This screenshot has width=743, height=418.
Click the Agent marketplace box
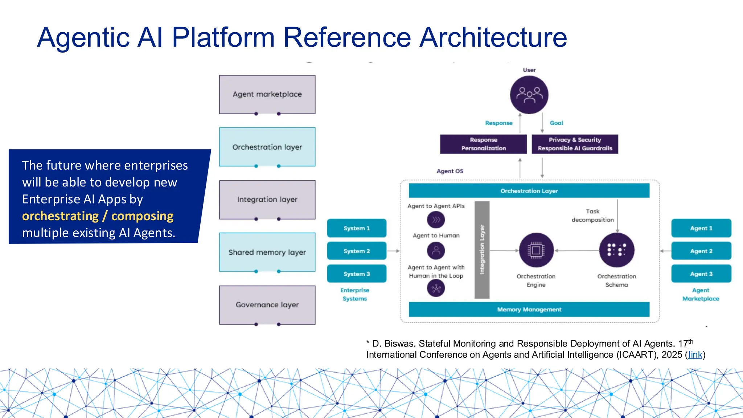[267, 94]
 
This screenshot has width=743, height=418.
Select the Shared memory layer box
[267, 252]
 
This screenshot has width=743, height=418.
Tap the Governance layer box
[267, 305]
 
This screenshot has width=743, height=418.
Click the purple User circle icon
[529, 95]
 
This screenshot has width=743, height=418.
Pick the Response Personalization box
[483, 144]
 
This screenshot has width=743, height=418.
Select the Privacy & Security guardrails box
[575, 144]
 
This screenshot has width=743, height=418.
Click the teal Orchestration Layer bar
[529, 191]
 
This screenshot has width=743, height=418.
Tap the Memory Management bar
[529, 310]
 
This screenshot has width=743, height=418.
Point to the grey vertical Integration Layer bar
[482, 250]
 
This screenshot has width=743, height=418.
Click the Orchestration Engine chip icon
[536, 250]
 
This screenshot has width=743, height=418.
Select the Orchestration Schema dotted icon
[617, 250]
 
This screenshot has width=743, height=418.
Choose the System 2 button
[357, 251]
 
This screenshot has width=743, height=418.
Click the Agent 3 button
[701, 274]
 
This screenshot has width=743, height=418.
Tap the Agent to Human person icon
[436, 250]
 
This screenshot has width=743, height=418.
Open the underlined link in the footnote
[695, 355]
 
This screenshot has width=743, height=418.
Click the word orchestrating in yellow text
[60, 216]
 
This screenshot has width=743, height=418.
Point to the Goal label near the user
[556, 123]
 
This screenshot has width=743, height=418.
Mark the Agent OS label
[450, 171]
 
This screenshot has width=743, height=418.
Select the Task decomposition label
[592, 216]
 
